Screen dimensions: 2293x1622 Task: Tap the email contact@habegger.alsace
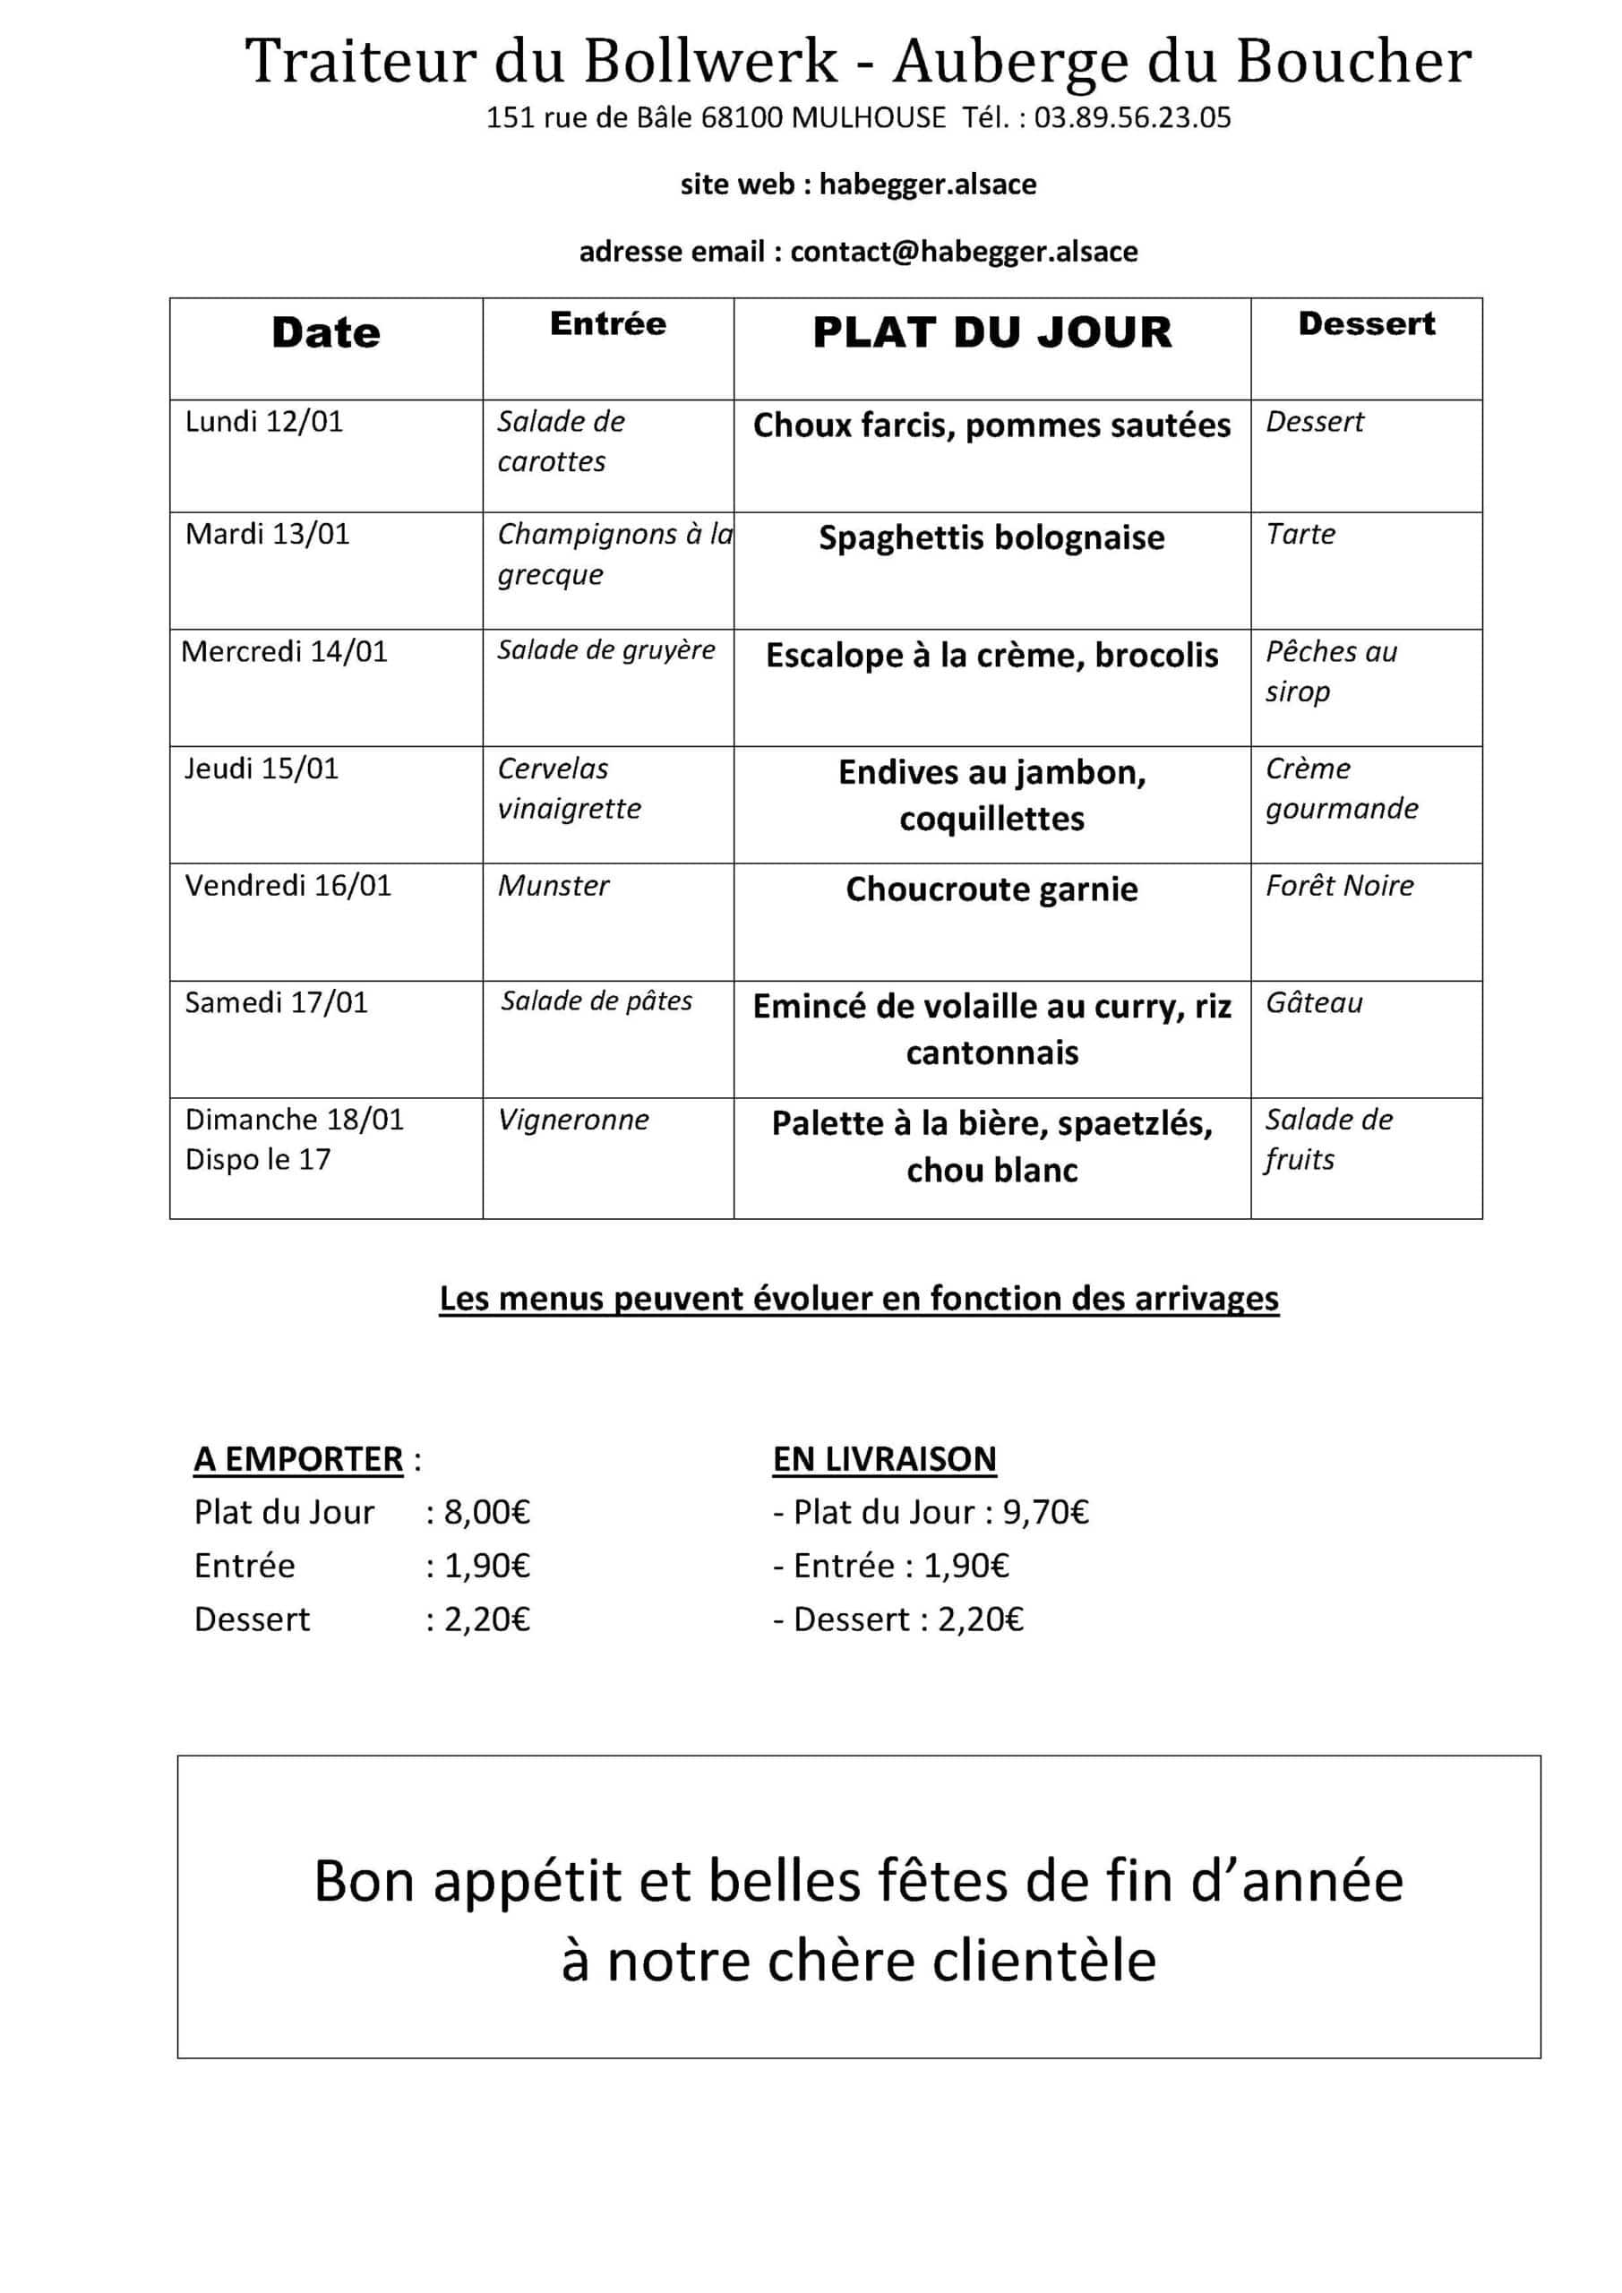click(964, 251)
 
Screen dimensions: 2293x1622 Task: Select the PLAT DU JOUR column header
click(991, 332)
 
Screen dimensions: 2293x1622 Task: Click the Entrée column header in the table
click(607, 323)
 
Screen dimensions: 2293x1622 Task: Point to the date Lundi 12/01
click(263, 422)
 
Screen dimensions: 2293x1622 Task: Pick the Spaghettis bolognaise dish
click(991, 538)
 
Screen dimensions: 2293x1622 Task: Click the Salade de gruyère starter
click(606, 650)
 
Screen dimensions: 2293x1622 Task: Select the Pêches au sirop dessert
click(1330, 671)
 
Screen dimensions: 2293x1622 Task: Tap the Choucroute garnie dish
click(991, 889)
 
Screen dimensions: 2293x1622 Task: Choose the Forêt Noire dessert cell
click(1339, 886)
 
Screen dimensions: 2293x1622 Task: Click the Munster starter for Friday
click(554, 886)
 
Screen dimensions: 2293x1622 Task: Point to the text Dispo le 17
click(258, 1159)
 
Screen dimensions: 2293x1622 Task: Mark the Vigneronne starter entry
click(573, 1120)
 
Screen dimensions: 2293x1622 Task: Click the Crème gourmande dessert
click(1342, 788)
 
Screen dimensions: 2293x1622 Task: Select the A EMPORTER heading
click(298, 1459)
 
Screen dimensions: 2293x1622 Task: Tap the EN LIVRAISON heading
click(884, 1459)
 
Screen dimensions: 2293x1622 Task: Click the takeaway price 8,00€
click(486, 1512)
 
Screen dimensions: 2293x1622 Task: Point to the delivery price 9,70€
click(1046, 1512)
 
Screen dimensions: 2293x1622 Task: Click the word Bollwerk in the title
click(710, 62)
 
